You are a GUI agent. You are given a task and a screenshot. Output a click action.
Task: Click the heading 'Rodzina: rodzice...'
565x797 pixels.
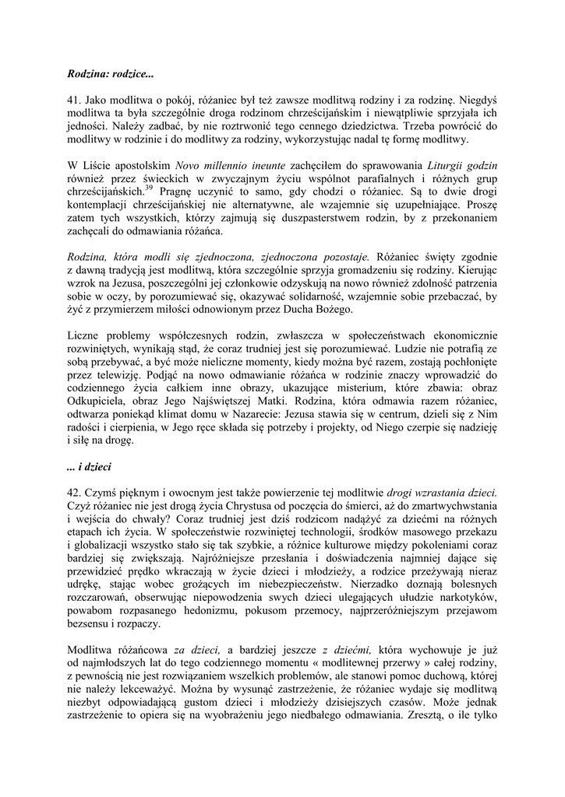(x=110, y=75)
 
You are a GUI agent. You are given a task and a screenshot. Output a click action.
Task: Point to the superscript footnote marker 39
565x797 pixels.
(x=147, y=189)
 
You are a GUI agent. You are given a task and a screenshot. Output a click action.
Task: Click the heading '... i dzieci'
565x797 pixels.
(x=90, y=468)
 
